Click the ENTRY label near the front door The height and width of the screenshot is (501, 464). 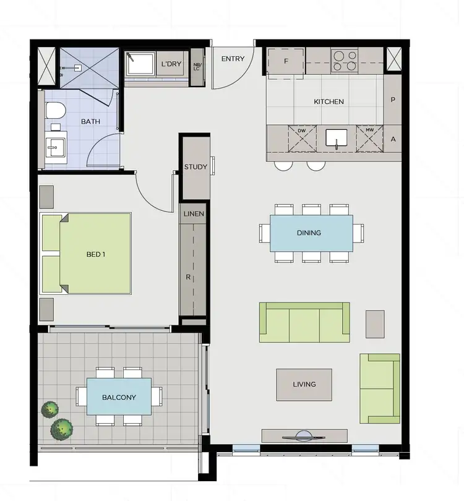point(233,59)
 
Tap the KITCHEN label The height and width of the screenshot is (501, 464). point(329,101)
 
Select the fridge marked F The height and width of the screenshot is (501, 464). point(286,62)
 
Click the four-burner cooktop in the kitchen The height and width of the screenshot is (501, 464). point(345,61)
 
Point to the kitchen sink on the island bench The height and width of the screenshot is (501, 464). point(337,140)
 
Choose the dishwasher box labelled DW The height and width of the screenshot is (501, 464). point(301,139)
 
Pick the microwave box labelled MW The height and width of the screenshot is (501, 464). point(369,139)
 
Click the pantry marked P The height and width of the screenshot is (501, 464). point(393,100)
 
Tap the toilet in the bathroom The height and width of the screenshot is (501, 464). point(56,111)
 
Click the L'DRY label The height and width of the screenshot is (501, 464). point(171,64)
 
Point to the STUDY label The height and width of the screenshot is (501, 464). point(195,167)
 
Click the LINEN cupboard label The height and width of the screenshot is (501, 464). point(194,213)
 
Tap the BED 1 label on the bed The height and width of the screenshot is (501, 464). point(95,254)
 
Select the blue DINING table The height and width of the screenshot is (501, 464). point(311,233)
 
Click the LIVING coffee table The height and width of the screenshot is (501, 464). point(304,385)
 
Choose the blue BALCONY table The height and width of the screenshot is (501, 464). point(119,397)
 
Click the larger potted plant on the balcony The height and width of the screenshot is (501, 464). point(62,428)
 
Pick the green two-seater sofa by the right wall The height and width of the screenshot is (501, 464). point(379,388)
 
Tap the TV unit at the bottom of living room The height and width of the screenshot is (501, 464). point(302,435)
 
